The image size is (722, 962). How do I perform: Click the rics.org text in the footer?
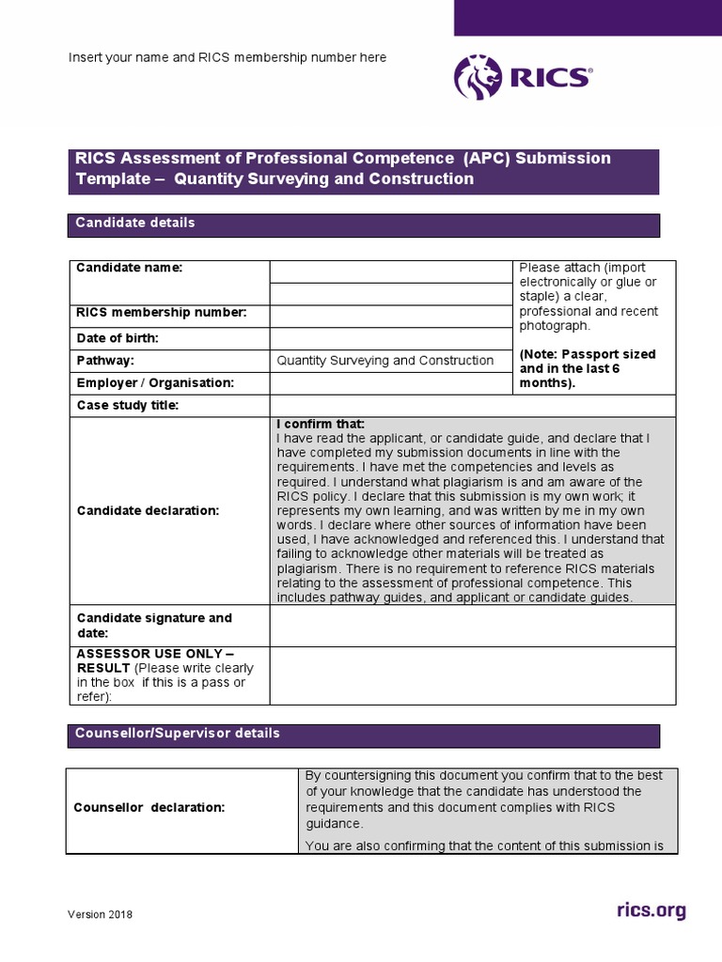click(651, 909)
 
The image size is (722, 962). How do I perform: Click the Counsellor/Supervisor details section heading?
click(178, 734)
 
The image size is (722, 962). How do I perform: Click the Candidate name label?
click(129, 269)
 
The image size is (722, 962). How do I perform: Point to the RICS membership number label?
click(161, 313)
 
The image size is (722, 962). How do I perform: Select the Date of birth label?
click(118, 338)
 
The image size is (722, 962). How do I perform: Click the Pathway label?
click(105, 361)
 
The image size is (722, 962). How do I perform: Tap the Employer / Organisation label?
click(155, 383)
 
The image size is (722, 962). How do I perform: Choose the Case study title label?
click(127, 406)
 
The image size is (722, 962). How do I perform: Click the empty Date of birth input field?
click(391, 338)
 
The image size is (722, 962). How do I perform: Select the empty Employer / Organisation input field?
click(391, 383)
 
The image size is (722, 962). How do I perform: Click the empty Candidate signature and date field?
click(472, 626)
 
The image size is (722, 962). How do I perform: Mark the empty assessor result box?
click(472, 675)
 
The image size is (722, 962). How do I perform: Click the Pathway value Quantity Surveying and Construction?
click(385, 361)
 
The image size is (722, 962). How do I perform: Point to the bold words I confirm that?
click(321, 425)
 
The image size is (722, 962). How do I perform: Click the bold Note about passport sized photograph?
click(588, 369)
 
